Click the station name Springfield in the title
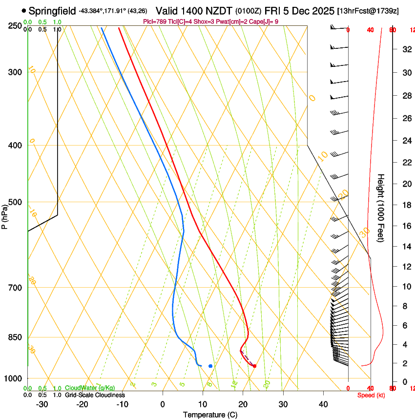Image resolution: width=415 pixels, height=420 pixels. pos(52,10)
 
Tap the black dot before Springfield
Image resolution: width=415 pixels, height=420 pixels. pos(23,10)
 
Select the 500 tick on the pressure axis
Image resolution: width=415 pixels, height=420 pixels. pos(15,202)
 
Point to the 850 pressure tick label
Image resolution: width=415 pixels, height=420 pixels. pos(15,337)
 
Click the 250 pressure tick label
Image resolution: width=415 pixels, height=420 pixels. pos(15,25)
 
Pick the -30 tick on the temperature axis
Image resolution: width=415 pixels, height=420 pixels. pos(42,404)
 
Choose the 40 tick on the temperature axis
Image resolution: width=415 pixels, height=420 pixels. pos(323,404)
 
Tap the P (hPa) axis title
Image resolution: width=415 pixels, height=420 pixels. pos(4,215)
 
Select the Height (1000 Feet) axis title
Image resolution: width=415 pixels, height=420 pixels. pos(381,208)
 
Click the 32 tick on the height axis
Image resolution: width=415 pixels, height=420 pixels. pos(405,49)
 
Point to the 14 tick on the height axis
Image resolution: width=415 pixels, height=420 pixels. pos(405,246)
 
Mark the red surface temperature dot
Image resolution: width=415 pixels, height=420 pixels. pos(254,366)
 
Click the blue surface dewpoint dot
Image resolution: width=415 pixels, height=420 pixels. pos(210,366)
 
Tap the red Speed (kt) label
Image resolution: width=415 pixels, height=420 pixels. pos(371,395)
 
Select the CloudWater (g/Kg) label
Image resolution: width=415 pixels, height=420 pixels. pos(90,388)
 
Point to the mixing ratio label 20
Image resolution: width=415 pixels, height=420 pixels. pos(267,384)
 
